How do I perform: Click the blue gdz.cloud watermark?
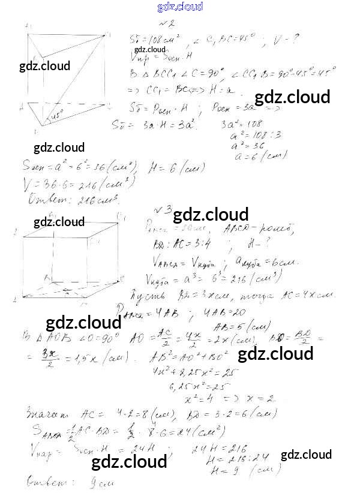tap(180, 7)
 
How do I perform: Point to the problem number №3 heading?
tap(163, 211)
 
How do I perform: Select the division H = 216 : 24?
tap(234, 460)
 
